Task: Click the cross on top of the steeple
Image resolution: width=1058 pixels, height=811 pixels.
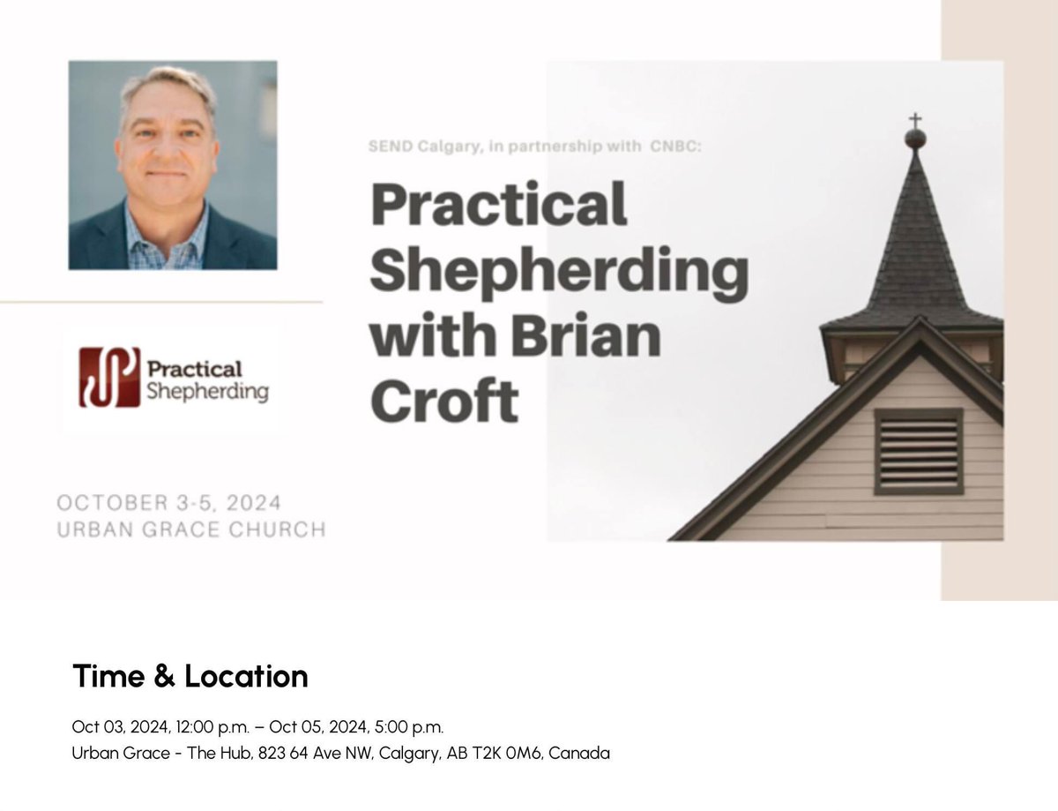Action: coord(915,120)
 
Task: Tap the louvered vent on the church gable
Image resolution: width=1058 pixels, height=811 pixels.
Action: coord(918,450)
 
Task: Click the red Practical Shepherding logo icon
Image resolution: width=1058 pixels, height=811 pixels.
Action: coord(109,378)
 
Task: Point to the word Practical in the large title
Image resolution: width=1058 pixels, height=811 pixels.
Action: coord(499,204)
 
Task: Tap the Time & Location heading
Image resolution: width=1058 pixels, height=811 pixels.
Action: coord(190,677)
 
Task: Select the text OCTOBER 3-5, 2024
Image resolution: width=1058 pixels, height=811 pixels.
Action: coord(169,504)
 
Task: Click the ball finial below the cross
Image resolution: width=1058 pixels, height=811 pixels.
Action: coord(915,138)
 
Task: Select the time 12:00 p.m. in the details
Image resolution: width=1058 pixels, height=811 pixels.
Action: coord(205,727)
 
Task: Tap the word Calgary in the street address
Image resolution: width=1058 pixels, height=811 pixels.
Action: coord(410,754)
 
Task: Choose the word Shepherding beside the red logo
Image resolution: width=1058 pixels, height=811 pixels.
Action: coord(208,391)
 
